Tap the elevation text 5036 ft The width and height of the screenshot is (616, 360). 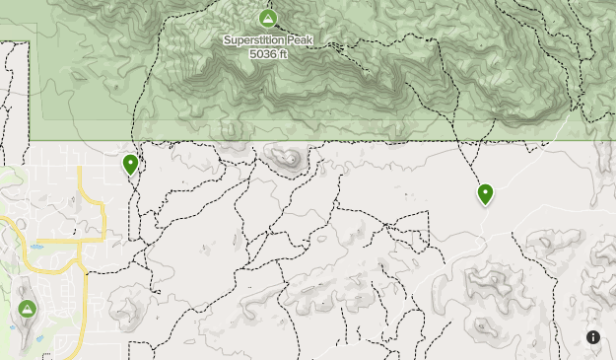coord(267,53)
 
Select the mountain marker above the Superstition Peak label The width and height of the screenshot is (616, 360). coord(267,19)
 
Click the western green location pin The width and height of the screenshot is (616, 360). coord(130,164)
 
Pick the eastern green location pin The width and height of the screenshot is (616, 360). coord(485,193)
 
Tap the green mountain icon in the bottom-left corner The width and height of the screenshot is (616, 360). coord(27,309)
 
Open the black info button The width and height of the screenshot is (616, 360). coord(593,337)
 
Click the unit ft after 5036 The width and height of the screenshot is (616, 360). coord(281,53)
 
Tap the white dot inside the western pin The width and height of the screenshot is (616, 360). coord(130,161)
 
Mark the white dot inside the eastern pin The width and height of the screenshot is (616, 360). coord(485,190)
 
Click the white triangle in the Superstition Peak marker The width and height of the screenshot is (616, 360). coord(267,19)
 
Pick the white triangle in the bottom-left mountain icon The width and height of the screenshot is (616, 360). coord(27,309)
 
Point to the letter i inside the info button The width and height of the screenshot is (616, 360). coord(593,337)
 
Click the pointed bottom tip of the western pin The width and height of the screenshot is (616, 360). coord(130,176)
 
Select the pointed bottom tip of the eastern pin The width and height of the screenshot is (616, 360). coord(485,205)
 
